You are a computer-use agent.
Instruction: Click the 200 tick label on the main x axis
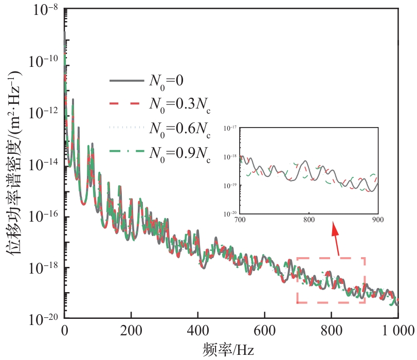pos(131,330)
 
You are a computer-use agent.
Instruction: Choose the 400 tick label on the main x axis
pos(198,330)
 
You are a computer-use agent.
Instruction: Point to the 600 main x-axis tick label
pos(264,330)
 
